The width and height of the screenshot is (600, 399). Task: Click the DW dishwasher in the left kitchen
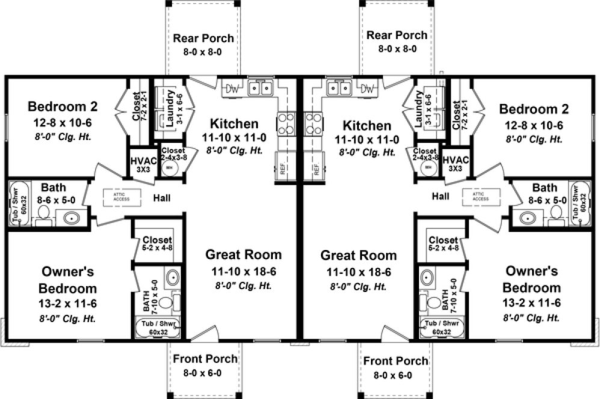[x=232, y=89]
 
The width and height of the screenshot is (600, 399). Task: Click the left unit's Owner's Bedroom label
[x=69, y=279]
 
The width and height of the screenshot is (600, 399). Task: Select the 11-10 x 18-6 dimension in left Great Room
[x=243, y=272]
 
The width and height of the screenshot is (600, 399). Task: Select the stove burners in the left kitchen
[x=285, y=123]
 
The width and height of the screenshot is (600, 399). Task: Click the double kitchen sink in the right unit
[x=338, y=89]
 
